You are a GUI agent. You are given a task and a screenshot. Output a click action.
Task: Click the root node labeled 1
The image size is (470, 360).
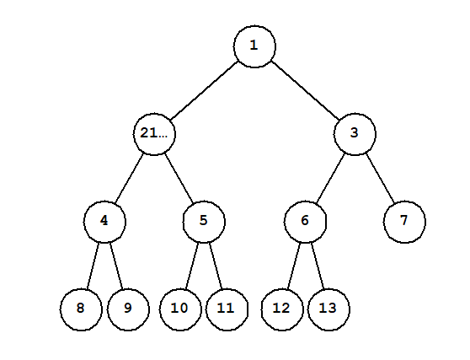[x=254, y=46]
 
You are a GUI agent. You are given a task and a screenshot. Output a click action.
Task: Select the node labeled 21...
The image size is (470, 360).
[x=154, y=134]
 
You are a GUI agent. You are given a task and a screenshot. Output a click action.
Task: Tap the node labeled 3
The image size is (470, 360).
[x=355, y=134]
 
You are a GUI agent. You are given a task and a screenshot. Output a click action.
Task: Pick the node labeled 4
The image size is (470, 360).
[x=104, y=222]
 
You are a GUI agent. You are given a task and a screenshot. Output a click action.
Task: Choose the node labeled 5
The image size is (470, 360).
[x=204, y=222]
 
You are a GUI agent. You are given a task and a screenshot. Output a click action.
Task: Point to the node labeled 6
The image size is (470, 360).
[x=305, y=222]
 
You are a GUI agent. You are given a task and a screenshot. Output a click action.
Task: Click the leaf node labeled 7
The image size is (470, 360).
[x=404, y=222]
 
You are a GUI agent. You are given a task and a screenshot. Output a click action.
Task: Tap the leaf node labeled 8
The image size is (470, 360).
[x=81, y=309]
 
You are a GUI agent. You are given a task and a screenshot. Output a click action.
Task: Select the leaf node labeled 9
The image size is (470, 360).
[x=128, y=309]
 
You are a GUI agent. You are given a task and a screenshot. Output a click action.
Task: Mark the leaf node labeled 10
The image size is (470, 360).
[x=180, y=309]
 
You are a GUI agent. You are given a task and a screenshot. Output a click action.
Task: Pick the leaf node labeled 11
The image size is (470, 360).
[x=227, y=309]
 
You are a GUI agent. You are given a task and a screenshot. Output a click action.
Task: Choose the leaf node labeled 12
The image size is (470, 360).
[x=282, y=309]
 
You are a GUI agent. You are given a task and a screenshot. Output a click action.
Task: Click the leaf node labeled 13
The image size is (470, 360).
[x=328, y=309]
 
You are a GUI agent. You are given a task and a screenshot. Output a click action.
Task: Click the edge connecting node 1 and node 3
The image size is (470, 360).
[x=305, y=90]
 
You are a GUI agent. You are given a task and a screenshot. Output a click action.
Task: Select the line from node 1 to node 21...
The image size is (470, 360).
[x=204, y=90]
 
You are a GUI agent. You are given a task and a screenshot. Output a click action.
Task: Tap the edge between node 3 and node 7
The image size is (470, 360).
[x=380, y=178]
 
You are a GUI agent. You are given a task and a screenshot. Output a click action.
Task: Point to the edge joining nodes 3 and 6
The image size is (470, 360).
[x=330, y=178]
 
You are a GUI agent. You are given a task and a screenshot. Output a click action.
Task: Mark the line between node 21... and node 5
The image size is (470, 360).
[x=179, y=178]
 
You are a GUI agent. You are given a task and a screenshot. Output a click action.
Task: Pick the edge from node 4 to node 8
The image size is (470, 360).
[x=93, y=266]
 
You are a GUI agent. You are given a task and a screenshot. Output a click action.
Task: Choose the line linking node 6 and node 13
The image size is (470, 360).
[x=318, y=266]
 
